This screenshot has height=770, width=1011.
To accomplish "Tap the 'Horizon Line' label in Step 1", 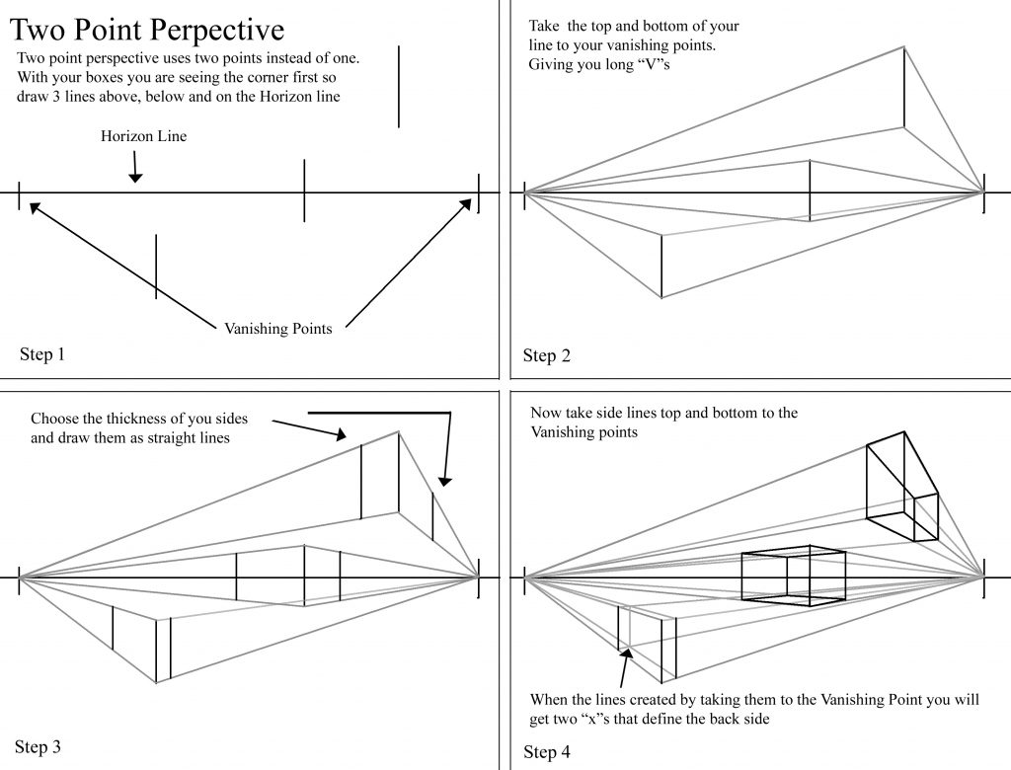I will point(143,136).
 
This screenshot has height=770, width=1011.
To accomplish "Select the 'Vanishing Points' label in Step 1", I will point(278,329).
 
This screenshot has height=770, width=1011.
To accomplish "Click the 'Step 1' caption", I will point(42,354).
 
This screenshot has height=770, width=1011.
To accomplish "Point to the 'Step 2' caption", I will point(547,355).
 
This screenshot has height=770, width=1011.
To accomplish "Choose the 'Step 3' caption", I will point(39,746).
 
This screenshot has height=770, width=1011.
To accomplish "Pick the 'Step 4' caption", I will point(547,752).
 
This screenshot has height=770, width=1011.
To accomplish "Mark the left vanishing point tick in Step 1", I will point(19,193).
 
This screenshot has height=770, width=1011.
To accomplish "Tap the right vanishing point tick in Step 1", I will point(479,192).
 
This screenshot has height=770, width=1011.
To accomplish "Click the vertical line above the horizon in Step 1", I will point(399,86).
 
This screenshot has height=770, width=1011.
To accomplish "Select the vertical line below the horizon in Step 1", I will point(156,267).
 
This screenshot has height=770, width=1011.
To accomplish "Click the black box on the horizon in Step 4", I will point(794,576).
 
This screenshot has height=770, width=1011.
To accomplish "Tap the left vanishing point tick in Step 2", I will point(524,192).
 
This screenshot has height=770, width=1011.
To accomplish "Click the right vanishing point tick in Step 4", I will point(984,577).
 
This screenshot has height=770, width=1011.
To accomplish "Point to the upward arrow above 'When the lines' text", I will point(623,666).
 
